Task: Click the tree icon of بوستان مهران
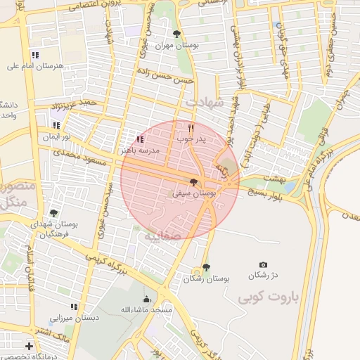pyautogui.click(x=176, y=34)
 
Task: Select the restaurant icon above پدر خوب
pyautogui.click(x=191, y=129)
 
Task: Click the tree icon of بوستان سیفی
pyautogui.click(x=194, y=182)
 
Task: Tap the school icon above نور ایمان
pyautogui.click(x=56, y=126)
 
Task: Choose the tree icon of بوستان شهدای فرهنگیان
pyautogui.click(x=53, y=213)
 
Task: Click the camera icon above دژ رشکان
pyautogui.click(x=264, y=264)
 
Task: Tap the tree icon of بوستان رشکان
pyautogui.click(x=205, y=268)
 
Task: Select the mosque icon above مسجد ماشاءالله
pyautogui.click(x=146, y=299)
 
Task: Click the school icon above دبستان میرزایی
pyautogui.click(x=74, y=307)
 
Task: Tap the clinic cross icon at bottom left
pyautogui.click(x=28, y=346)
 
